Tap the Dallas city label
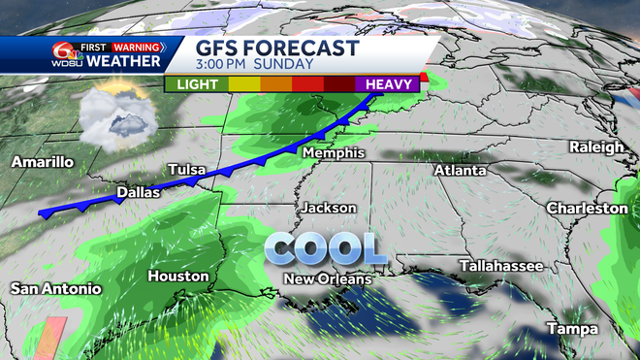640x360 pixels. (138, 193)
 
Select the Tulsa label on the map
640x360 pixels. (187, 170)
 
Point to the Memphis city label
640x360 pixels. (333, 153)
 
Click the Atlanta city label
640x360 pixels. (460, 170)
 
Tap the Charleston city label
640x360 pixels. (587, 208)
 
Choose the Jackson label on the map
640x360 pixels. (329, 208)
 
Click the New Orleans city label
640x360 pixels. (327, 279)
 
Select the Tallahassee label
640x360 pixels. (500, 266)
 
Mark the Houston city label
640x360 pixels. (177, 277)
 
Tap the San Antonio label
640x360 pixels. (55, 288)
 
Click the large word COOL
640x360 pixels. (326, 248)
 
